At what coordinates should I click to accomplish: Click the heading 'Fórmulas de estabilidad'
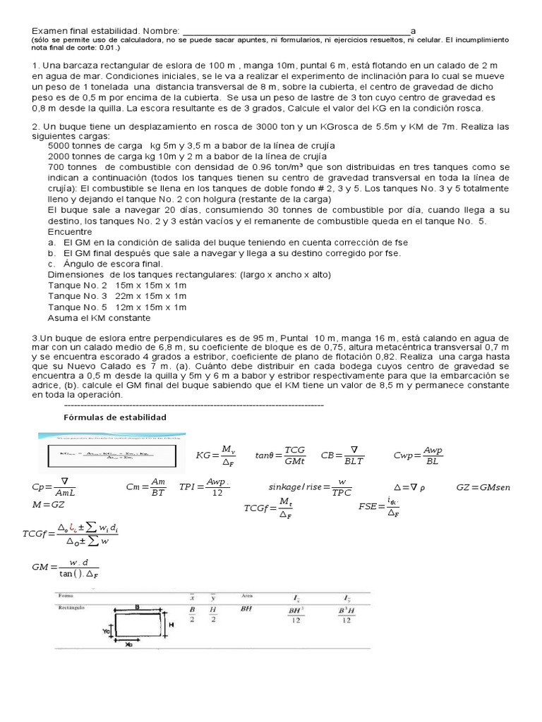[x=115, y=417]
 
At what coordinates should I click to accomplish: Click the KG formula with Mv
[x=217, y=455]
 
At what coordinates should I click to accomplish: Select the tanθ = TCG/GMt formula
[x=281, y=455]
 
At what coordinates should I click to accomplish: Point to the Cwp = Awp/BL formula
[x=418, y=455]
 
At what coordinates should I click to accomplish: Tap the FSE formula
[x=380, y=506]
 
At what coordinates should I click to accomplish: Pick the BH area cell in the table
[x=246, y=607]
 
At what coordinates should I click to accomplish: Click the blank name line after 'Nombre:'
[x=296, y=31]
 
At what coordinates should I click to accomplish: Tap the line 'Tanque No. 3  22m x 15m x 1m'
[x=116, y=296]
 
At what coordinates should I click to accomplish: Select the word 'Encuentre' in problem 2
[x=69, y=231]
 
